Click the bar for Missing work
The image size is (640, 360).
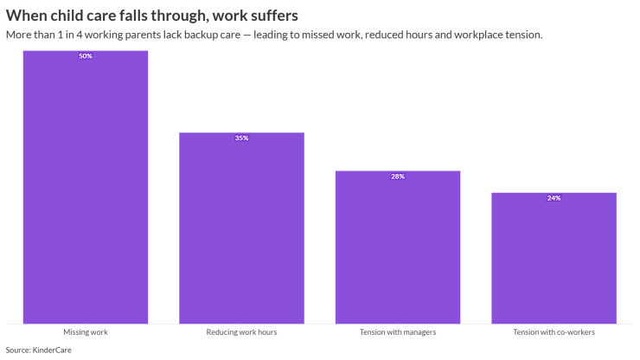(x=85, y=186)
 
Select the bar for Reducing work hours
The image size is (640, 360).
(x=241, y=228)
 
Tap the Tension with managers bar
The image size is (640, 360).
(x=398, y=247)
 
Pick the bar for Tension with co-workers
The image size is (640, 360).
(x=554, y=258)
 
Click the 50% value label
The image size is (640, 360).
(x=85, y=56)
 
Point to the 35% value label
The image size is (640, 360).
(x=241, y=138)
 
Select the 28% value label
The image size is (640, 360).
(x=398, y=177)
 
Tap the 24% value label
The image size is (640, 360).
(x=554, y=198)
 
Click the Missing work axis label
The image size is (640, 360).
(x=85, y=332)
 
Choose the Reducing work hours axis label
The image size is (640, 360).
(x=241, y=332)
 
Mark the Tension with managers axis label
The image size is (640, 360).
(x=398, y=332)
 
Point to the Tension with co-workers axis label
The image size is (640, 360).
(x=554, y=332)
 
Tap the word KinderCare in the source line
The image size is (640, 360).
(x=52, y=350)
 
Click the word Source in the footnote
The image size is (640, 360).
(x=17, y=350)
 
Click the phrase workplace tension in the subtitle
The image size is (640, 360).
(x=501, y=35)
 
